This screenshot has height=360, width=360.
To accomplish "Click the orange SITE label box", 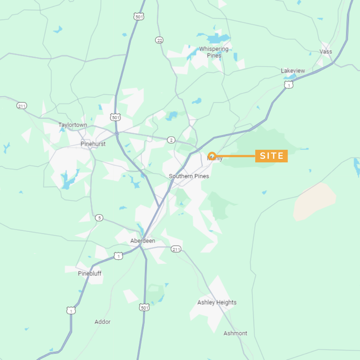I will click(271, 156).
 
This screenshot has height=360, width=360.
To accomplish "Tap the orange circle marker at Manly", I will click(212, 156).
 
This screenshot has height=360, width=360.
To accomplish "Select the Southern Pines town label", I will click(189, 176).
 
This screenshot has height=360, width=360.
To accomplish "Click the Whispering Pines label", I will click(214, 52).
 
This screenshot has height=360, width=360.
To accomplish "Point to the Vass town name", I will click(326, 51).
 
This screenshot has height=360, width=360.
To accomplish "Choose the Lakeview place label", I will click(293, 71).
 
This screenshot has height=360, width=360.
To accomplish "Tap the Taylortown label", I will click(73, 125).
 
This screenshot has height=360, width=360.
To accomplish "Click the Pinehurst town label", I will click(93, 144).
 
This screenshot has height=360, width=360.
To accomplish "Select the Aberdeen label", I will click(143, 240).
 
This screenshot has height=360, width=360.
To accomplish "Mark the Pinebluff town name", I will click(90, 273).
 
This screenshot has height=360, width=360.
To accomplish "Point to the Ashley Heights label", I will click(217, 302).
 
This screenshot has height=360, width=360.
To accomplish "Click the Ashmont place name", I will click(235, 333).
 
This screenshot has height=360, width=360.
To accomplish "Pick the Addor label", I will click(103, 322).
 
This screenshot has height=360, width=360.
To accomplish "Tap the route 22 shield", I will click(159, 40).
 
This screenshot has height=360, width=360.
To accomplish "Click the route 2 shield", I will click(171, 140).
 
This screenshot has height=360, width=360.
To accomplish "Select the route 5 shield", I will click(99, 218).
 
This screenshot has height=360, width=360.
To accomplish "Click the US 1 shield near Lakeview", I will click(288, 85).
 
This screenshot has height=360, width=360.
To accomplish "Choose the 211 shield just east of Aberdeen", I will click(176, 249).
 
